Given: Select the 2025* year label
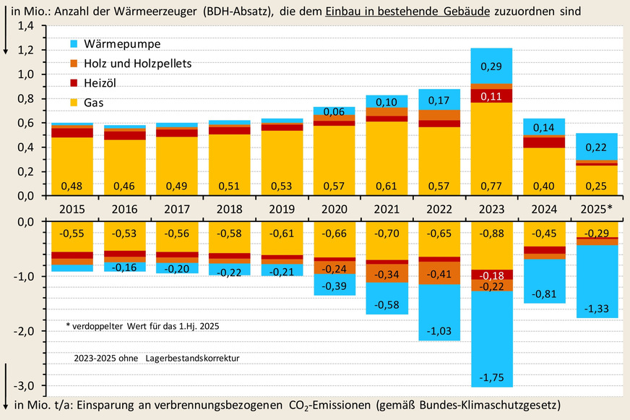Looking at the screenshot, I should click(596, 208).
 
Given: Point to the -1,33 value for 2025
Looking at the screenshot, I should click(596, 308).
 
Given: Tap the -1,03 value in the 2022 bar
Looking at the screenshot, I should click(439, 330).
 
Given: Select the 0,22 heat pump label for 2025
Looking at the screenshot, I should click(596, 147).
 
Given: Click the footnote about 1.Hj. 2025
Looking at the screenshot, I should click(142, 326).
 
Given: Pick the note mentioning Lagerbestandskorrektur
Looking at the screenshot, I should click(155, 358).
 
